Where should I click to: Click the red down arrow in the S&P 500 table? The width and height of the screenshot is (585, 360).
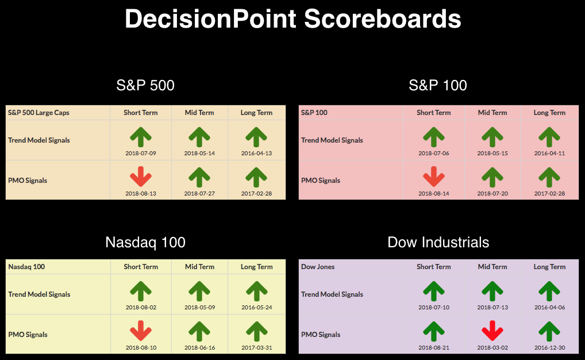click(141, 177)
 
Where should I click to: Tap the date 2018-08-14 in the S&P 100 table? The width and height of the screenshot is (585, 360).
click(433, 193)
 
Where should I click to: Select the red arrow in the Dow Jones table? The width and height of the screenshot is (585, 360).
click(492, 331)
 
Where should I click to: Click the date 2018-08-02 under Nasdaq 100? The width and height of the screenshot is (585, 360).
click(141, 307)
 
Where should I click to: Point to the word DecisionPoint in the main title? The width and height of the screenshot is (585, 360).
click(210, 18)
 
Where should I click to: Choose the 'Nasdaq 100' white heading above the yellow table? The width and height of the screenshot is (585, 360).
click(145, 242)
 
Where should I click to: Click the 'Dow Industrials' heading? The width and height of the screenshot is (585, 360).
click(438, 242)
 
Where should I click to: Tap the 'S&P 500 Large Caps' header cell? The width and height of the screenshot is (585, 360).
click(39, 112)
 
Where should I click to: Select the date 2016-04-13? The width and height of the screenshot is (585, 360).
click(256, 153)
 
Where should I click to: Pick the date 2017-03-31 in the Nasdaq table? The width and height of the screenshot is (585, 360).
click(257, 348)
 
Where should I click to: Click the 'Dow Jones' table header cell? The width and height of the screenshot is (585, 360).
click(318, 267)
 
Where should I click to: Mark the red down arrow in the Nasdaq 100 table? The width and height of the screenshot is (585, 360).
click(141, 331)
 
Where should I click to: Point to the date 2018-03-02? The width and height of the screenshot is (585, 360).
click(492, 348)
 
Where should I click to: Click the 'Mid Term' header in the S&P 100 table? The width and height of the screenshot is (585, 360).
click(492, 112)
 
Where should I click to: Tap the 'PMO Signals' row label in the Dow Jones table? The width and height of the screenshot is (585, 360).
click(321, 335)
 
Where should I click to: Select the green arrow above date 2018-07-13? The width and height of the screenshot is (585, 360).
click(492, 291)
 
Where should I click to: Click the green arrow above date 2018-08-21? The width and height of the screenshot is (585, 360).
click(433, 331)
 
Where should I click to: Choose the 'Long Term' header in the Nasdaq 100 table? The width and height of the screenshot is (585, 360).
click(257, 267)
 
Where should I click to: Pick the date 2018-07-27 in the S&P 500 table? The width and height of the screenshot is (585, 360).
click(199, 193)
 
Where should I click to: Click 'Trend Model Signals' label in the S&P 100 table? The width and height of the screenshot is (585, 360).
click(332, 140)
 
